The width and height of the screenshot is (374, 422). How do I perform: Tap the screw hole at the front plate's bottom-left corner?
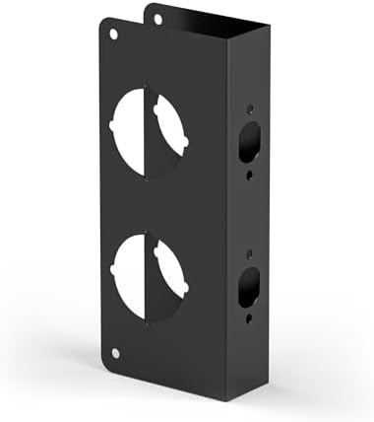114,352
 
